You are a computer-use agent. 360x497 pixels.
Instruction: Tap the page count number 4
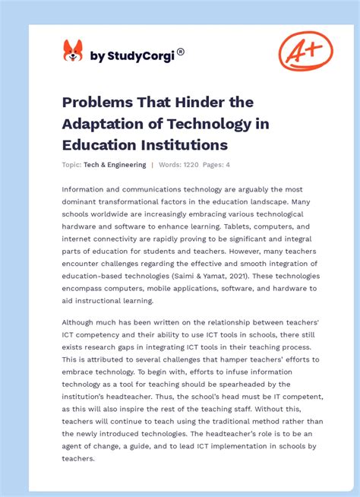(228, 165)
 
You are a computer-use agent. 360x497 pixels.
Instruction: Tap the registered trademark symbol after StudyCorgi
(181, 52)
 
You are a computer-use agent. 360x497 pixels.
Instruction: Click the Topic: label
(72, 165)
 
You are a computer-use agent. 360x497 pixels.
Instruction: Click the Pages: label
(213, 165)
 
